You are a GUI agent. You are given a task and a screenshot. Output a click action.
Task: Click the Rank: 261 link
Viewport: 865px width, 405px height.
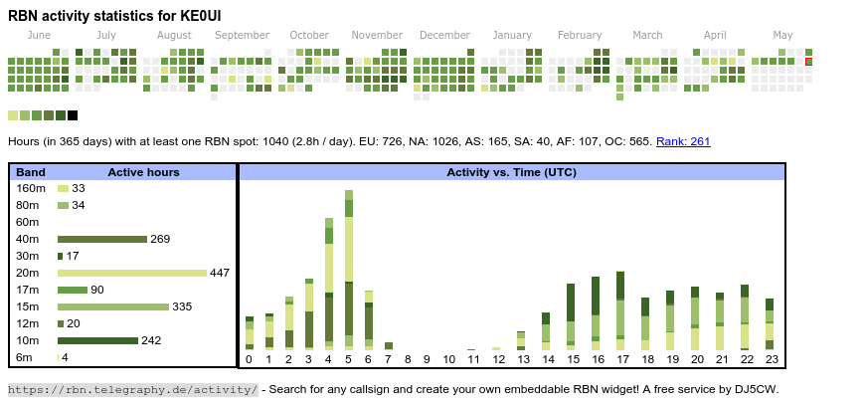click(x=683, y=141)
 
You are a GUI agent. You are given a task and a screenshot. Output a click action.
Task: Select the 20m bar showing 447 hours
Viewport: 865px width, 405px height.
click(x=132, y=273)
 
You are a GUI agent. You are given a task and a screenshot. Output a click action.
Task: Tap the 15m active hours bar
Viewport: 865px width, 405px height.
click(x=112, y=306)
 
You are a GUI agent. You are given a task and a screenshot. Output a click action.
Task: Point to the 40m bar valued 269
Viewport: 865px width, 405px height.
click(x=101, y=239)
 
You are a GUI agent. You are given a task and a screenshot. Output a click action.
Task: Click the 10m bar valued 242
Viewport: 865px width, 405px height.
click(x=97, y=340)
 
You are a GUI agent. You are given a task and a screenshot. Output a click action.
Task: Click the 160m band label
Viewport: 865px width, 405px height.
click(x=31, y=188)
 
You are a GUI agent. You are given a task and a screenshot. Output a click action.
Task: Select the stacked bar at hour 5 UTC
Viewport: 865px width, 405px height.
click(x=349, y=269)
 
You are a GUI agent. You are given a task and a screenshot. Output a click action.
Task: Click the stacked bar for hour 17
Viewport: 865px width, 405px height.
click(x=620, y=309)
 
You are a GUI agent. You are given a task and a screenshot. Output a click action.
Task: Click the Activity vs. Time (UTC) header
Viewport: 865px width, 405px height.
click(x=512, y=172)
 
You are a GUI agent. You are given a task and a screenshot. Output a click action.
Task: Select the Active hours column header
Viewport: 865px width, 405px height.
click(x=143, y=172)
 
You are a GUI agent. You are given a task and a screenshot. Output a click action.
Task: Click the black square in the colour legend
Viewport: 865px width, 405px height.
click(x=73, y=115)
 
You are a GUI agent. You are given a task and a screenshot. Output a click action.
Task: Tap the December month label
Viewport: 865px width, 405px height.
click(x=444, y=36)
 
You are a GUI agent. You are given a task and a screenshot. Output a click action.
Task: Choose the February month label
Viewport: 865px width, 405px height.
click(x=580, y=36)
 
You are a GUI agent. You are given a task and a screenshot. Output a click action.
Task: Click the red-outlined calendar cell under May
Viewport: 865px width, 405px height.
click(x=809, y=62)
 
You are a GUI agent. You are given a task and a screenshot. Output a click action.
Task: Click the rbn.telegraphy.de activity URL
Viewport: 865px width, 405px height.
click(x=132, y=389)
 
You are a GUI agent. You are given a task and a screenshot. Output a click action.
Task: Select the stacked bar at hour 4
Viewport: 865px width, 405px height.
click(x=329, y=284)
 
